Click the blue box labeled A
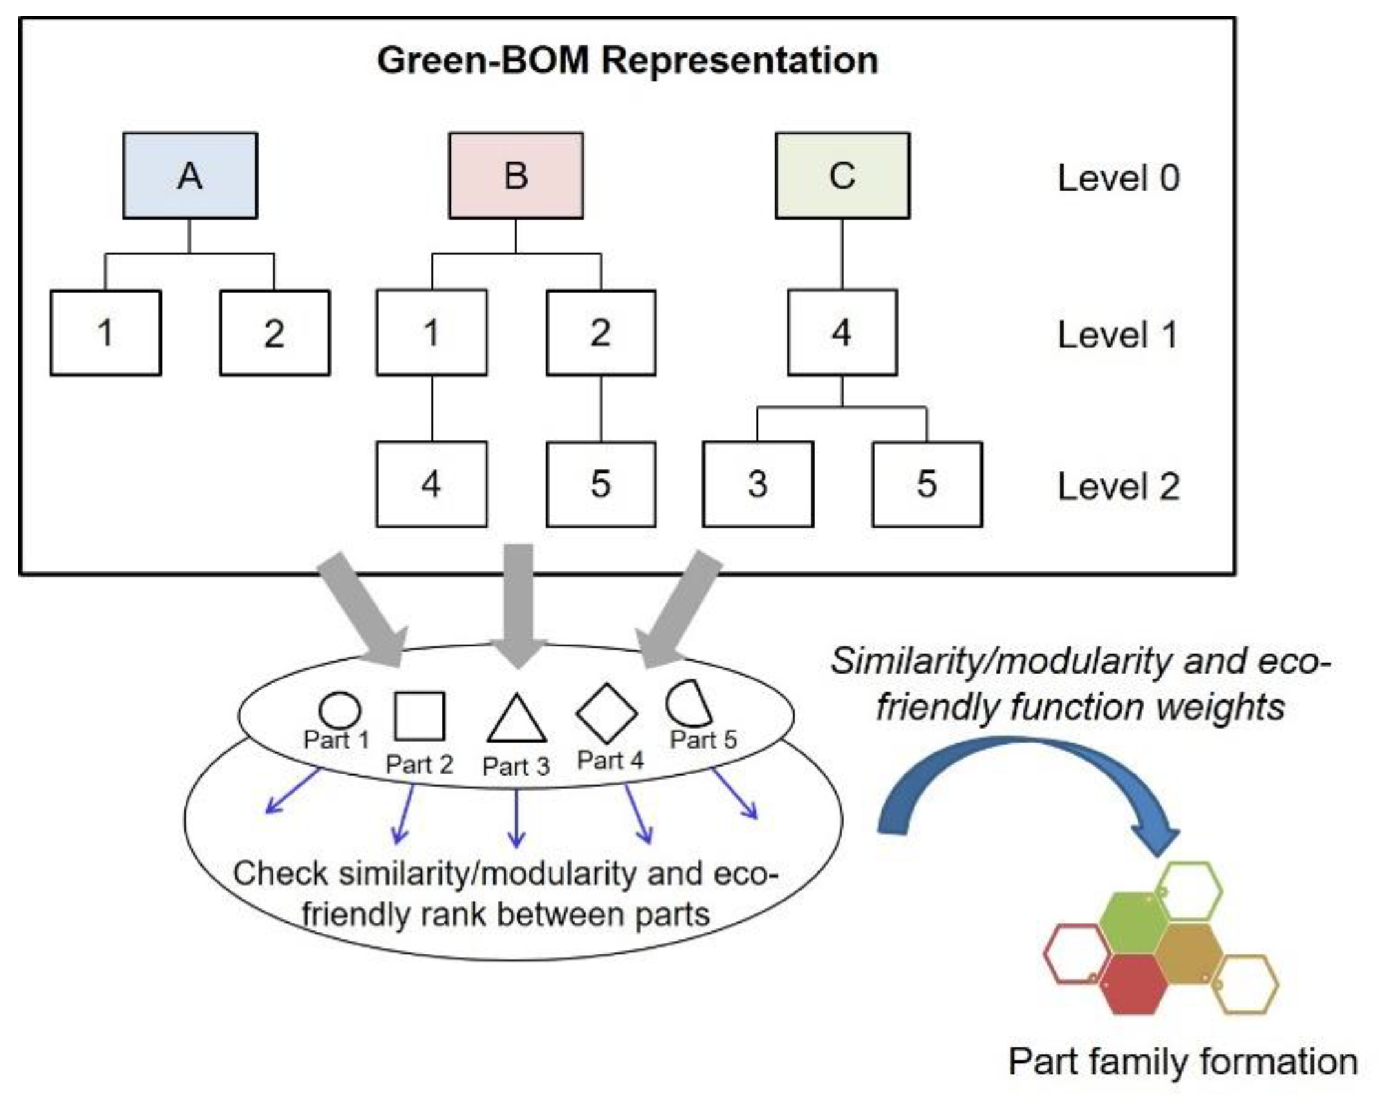tap(190, 176)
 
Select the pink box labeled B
tap(516, 176)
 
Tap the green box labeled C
tap(842, 176)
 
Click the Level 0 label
tap(1118, 178)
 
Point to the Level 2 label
tap(1118, 486)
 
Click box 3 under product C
tap(758, 484)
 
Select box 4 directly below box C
tap(842, 332)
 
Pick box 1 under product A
tap(106, 332)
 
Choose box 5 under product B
tap(601, 484)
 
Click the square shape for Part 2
tap(420, 716)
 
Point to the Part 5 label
tap(703, 740)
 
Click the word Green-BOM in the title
tap(483, 61)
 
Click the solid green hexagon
tap(1133, 923)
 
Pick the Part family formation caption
tap(1183, 1062)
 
